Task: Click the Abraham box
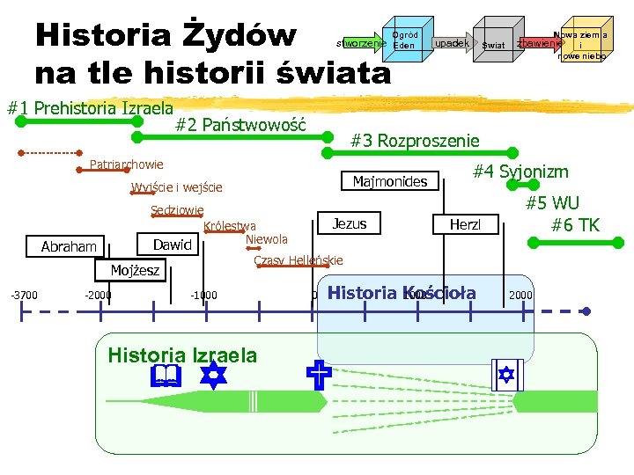tap(69, 247)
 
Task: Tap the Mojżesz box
tap(135, 270)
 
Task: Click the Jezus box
tap(350, 223)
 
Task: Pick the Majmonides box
tap(389, 182)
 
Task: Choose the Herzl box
tap(466, 225)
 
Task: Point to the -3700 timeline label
tap(24, 295)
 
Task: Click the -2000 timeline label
tap(97, 295)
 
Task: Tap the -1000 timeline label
tap(203, 295)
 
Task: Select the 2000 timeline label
tap(520, 295)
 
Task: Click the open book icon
tap(166, 377)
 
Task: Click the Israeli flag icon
tap(505, 376)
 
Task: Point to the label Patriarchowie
tap(127, 164)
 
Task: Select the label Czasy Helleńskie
tap(298, 260)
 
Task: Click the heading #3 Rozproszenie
tap(415, 141)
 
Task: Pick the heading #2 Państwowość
tap(240, 125)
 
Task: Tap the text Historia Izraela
tap(182, 355)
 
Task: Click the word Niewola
tap(267, 239)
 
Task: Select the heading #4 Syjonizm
tap(520, 172)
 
